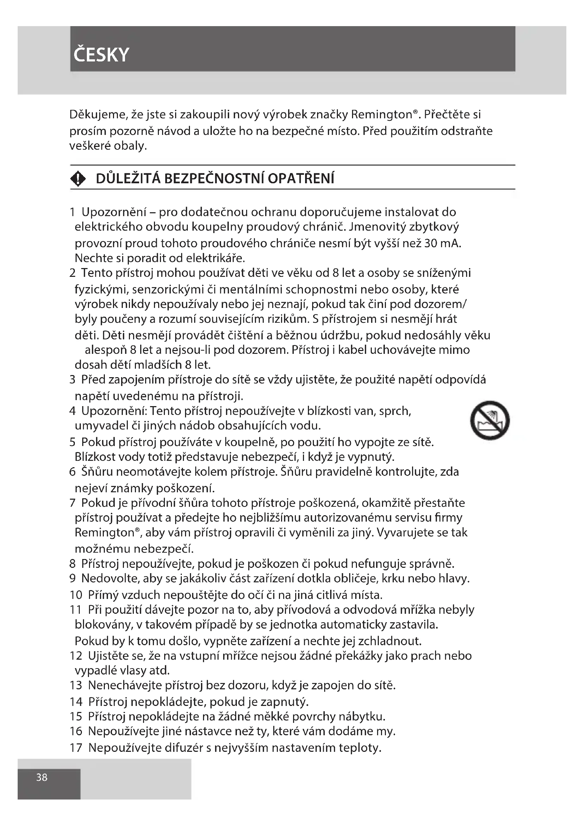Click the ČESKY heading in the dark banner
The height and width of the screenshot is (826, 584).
[x=101, y=55]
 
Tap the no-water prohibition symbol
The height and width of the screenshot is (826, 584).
[x=490, y=420]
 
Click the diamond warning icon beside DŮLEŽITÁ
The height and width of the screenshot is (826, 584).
[x=78, y=178]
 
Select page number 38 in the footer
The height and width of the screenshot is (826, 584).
[x=42, y=777]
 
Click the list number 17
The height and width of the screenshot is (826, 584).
[x=76, y=748]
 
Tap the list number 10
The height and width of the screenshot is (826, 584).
[x=76, y=595]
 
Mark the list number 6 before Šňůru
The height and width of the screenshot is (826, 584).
[x=72, y=472]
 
